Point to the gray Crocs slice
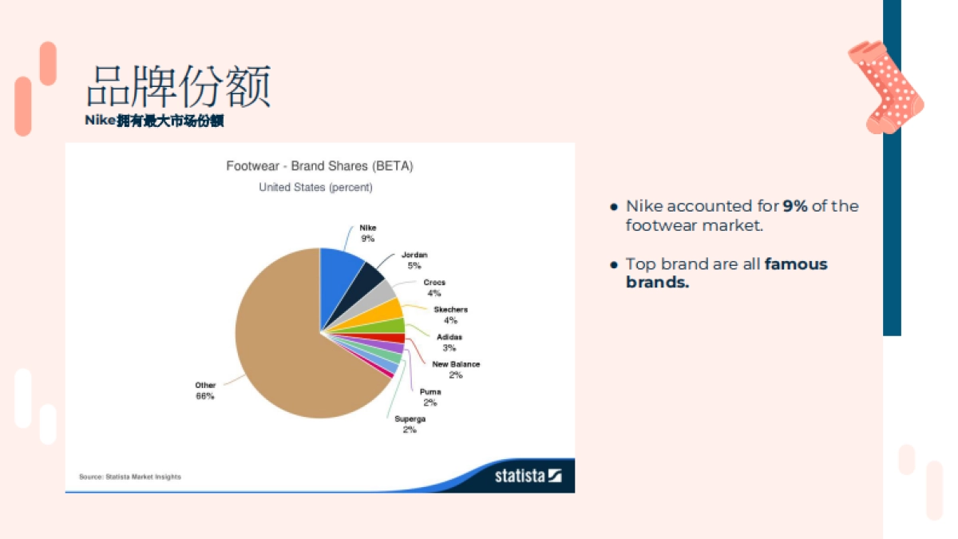pos(375,299)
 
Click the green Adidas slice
pos(385,327)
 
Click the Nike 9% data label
pos(368,233)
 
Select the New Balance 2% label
pos(456,370)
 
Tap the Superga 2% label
pos(410,424)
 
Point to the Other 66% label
pos(205,390)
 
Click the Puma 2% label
pos(430,397)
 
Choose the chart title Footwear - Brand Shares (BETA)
pos(319,166)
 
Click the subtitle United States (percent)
pos(315,188)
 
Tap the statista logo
pos(528,476)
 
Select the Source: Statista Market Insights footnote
pos(130,477)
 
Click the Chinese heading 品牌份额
pos(178,86)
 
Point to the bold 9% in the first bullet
pos(795,206)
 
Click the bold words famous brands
pos(726,273)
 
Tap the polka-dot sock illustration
pos(886,87)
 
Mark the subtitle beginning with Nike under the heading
pos(154,121)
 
